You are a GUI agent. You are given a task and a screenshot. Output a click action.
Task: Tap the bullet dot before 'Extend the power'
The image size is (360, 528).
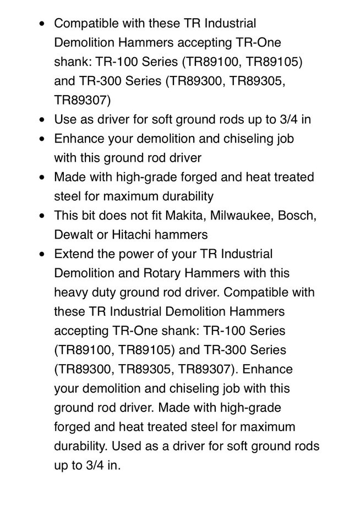[x=43, y=255]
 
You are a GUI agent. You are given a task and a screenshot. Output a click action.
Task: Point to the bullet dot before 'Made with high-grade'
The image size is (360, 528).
[x=43, y=178]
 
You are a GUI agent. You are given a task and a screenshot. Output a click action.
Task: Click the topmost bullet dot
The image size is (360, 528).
[x=43, y=25]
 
